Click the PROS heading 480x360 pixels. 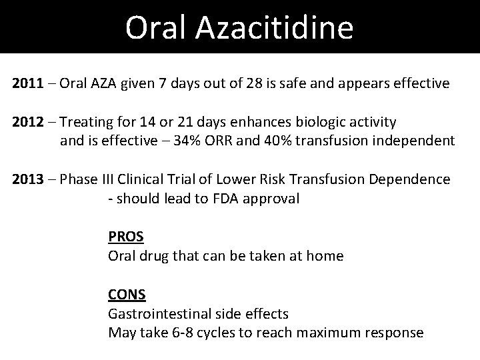126,237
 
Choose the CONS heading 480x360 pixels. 127,294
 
